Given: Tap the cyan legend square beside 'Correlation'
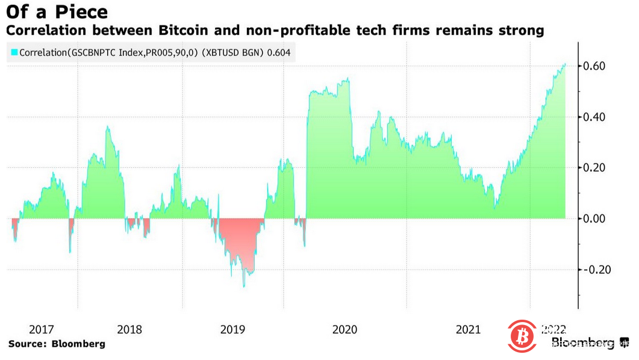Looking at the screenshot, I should pyautogui.click(x=14, y=53).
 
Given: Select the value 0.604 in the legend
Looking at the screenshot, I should pyautogui.click(x=278, y=53).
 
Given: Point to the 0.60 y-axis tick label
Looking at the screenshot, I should pyautogui.click(x=597, y=66).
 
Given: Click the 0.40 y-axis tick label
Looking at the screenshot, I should pyautogui.click(x=597, y=117).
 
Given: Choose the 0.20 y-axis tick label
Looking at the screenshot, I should pyautogui.click(x=597, y=167).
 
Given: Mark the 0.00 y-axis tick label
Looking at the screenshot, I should pyautogui.click(x=597, y=219).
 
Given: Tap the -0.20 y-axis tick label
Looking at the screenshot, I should pyautogui.click(x=596, y=269).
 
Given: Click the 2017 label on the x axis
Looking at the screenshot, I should pyautogui.click(x=42, y=329).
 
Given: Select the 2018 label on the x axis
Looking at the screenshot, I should pyautogui.click(x=129, y=329).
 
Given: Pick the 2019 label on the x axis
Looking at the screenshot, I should pyautogui.click(x=232, y=329).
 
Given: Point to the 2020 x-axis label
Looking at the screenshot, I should pyautogui.click(x=344, y=329).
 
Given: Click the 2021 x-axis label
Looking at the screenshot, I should pyautogui.click(x=469, y=329).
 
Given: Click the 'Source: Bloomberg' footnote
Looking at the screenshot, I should pyautogui.click(x=57, y=344).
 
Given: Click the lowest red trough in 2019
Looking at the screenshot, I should pyautogui.click(x=244, y=286).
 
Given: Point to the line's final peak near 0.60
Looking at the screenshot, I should pyautogui.click(x=565, y=64).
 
